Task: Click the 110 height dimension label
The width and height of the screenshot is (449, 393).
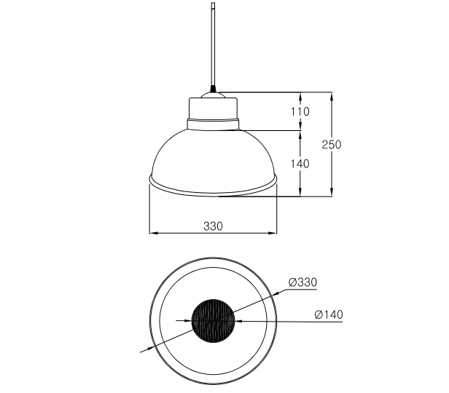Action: pyautogui.click(x=300, y=111)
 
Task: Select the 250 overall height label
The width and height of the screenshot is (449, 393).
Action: pyautogui.click(x=332, y=144)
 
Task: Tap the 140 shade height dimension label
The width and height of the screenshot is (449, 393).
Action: pyautogui.click(x=300, y=164)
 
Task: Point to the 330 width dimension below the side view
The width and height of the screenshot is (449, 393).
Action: pyautogui.click(x=213, y=226)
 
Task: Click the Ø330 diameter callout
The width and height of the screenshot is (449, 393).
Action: pyautogui.click(x=302, y=282)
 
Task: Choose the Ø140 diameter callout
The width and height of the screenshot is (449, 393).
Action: pyautogui.click(x=329, y=314)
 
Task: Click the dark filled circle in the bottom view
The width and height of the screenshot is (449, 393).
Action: pyautogui.click(x=213, y=321)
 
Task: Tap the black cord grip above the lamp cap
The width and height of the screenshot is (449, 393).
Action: pyautogui.click(x=213, y=89)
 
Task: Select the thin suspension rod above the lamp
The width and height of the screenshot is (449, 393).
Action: pyautogui.click(x=213, y=44)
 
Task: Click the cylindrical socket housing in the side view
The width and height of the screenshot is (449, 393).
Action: pyautogui.click(x=213, y=108)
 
